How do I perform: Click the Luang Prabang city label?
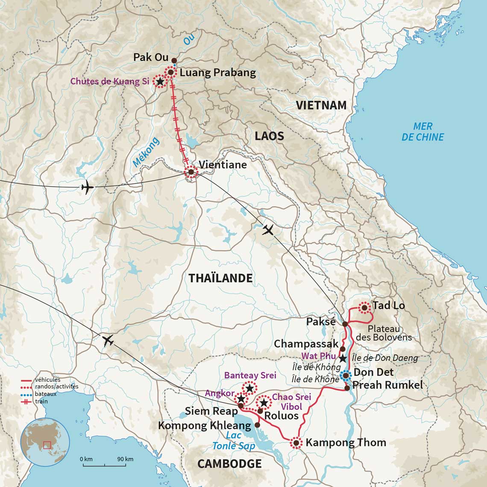pyautogui.click(x=217, y=73)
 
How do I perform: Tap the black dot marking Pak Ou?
pyautogui.click(x=174, y=60)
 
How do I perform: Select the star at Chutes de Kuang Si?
pyautogui.click(x=160, y=82)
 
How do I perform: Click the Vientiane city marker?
pyautogui.click(x=191, y=172)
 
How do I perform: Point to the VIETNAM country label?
pyautogui.click(x=321, y=105)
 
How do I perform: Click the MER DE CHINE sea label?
pyautogui.click(x=422, y=132)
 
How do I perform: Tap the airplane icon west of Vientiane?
pyautogui.click(x=87, y=187)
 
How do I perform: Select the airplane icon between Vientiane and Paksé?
pyautogui.click(x=268, y=230)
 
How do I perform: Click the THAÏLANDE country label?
pyautogui.click(x=220, y=278)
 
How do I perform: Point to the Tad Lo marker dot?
pyautogui.click(x=364, y=307)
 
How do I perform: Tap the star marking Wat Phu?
pyautogui.click(x=343, y=358)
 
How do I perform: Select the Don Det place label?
pyautogui.click(x=373, y=372)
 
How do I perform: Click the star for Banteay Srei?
pyautogui.click(x=249, y=388)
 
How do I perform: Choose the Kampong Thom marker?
pyautogui.click(x=296, y=443)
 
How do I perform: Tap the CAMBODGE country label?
pyautogui.click(x=229, y=464)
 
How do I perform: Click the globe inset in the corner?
pyautogui.click(x=45, y=442)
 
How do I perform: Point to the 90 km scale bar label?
pyautogui.click(x=126, y=459)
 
